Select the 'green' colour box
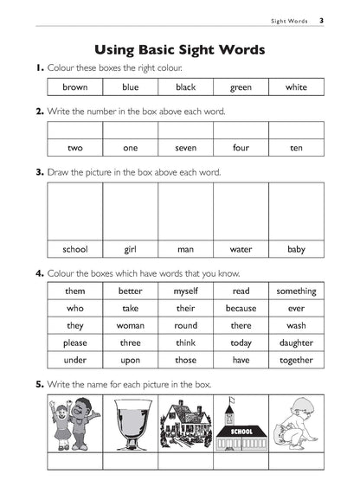click(241, 87)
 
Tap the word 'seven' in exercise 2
click(185, 148)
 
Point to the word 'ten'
click(296, 148)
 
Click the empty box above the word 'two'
click(75, 131)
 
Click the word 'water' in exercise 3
click(241, 250)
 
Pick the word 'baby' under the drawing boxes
click(296, 250)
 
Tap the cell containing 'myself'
click(185, 291)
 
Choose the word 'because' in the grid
click(241, 309)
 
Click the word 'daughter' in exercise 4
click(296, 343)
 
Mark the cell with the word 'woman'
click(131, 326)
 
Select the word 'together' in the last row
click(296, 361)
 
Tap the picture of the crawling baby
click(295, 423)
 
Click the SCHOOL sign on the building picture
click(240, 430)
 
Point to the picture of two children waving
click(75, 423)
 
